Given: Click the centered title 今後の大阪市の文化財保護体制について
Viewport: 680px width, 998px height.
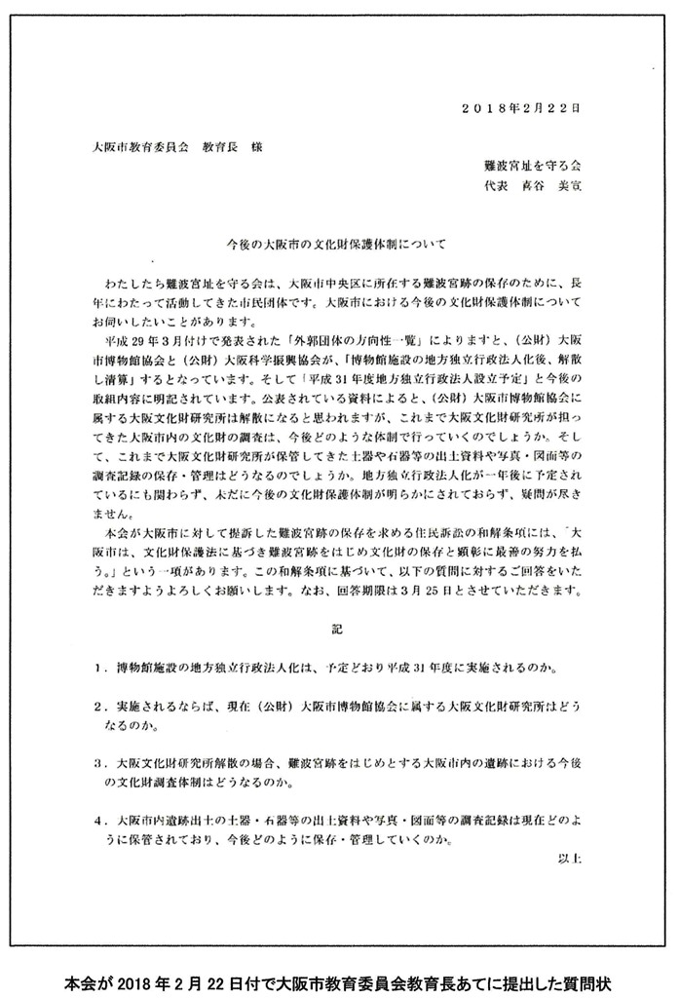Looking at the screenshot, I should tap(335, 237).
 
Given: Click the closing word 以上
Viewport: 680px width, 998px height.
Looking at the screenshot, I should tap(569, 859).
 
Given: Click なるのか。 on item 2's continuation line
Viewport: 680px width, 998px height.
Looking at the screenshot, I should tap(140, 725).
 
